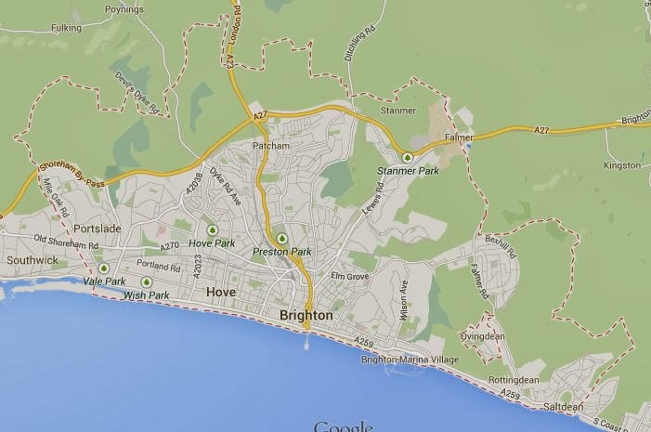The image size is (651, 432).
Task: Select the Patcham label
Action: pyautogui.click(x=271, y=147)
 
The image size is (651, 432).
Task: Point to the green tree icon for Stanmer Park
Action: pyautogui.click(x=408, y=156)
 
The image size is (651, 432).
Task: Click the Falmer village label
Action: pyautogui.click(x=459, y=138)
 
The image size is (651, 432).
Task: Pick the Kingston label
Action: pyautogui.click(x=621, y=165)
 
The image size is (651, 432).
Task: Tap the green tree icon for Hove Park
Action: pyautogui.click(x=213, y=229)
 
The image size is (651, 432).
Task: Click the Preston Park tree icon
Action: pyautogui.click(x=282, y=239)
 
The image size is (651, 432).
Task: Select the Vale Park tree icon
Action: pyautogui.click(x=104, y=268)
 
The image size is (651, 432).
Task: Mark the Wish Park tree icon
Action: pyautogui.click(x=146, y=282)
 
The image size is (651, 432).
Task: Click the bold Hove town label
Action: pyautogui.click(x=221, y=293)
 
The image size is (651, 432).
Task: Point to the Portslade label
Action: pyautogui.click(x=98, y=229)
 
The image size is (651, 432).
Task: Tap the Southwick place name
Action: pyautogui.click(x=32, y=261)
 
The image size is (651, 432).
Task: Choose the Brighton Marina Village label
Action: pyautogui.click(x=410, y=360)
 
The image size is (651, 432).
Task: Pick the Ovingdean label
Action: pyautogui.click(x=481, y=336)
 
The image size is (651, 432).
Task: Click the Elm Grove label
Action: pyautogui.click(x=350, y=276)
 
